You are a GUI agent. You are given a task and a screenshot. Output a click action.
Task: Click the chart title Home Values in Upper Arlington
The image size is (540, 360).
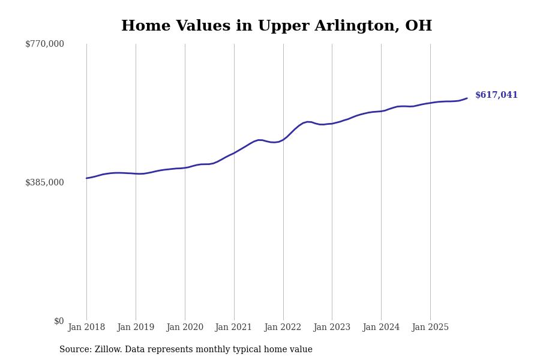click(x=276, y=26)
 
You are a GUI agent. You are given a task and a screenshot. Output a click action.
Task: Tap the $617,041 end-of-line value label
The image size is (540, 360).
click(x=496, y=95)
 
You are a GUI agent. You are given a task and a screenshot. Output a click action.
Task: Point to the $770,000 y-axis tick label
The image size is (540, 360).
click(x=44, y=44)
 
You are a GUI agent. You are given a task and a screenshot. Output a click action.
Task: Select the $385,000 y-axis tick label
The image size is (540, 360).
click(x=44, y=182)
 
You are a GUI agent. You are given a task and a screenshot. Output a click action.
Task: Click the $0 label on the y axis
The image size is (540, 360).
click(x=59, y=321)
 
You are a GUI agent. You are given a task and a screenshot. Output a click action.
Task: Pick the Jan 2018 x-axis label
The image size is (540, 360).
click(x=86, y=328)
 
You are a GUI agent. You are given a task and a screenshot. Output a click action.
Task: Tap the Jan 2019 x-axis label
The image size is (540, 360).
click(x=136, y=328)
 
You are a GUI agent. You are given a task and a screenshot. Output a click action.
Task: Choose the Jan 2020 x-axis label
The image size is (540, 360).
click(x=185, y=328)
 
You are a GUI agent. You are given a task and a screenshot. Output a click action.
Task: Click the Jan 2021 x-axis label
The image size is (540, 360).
click(x=234, y=328)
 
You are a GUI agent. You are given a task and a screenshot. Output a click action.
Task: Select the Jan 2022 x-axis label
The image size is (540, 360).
click(x=283, y=328)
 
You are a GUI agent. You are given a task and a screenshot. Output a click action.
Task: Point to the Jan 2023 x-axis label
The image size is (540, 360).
click(x=332, y=328)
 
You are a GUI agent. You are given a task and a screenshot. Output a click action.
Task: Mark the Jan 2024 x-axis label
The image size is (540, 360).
click(x=381, y=328)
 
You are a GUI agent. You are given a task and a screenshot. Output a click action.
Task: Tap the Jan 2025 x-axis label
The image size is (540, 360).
click(x=430, y=328)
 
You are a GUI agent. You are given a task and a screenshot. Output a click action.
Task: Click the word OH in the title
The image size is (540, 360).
click(x=418, y=26)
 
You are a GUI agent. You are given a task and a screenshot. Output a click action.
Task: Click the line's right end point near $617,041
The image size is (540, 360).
click(x=467, y=98)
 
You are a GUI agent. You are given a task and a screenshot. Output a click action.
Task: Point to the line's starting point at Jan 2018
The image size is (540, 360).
click(x=86, y=178)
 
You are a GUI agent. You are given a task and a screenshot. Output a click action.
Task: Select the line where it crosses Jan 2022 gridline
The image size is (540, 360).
click(x=283, y=139)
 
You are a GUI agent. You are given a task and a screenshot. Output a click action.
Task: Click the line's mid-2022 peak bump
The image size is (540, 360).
click(x=308, y=122)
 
